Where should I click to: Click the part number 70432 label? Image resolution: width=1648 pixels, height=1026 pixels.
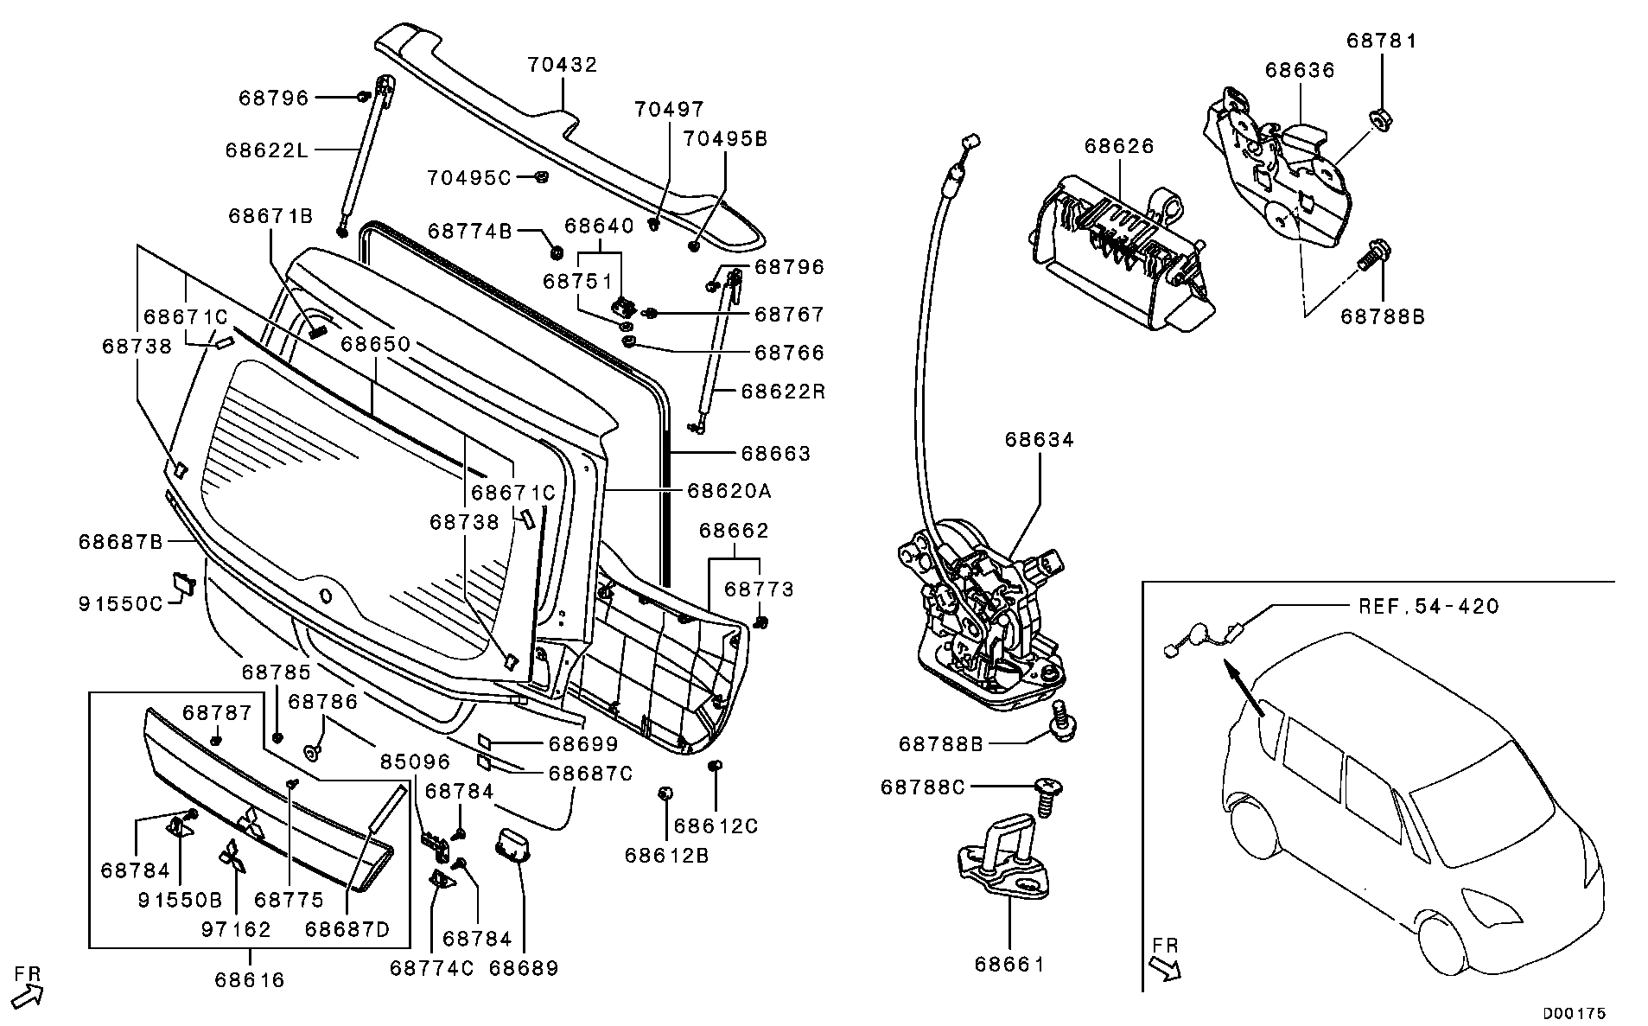pos(563,66)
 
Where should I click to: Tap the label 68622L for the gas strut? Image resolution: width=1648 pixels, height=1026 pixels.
pos(266,150)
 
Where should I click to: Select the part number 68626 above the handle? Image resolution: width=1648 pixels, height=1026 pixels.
pos(1119,147)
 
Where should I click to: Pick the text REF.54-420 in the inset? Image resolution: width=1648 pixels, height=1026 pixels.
pos(1428,607)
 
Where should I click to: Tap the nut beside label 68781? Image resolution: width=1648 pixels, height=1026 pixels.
pos(1379,117)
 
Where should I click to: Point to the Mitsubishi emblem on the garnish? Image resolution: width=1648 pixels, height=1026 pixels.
pos(251,825)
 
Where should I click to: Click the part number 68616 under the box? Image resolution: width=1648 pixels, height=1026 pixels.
pos(250,980)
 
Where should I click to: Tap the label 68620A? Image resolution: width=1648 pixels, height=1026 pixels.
pos(729,491)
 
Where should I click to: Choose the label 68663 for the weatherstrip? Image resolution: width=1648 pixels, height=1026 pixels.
pos(775,454)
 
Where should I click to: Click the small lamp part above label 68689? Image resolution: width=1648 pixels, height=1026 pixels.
pos(512,844)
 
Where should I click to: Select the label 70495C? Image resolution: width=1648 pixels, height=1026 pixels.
pos(469,178)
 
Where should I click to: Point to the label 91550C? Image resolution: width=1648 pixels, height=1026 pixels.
pos(120,603)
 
